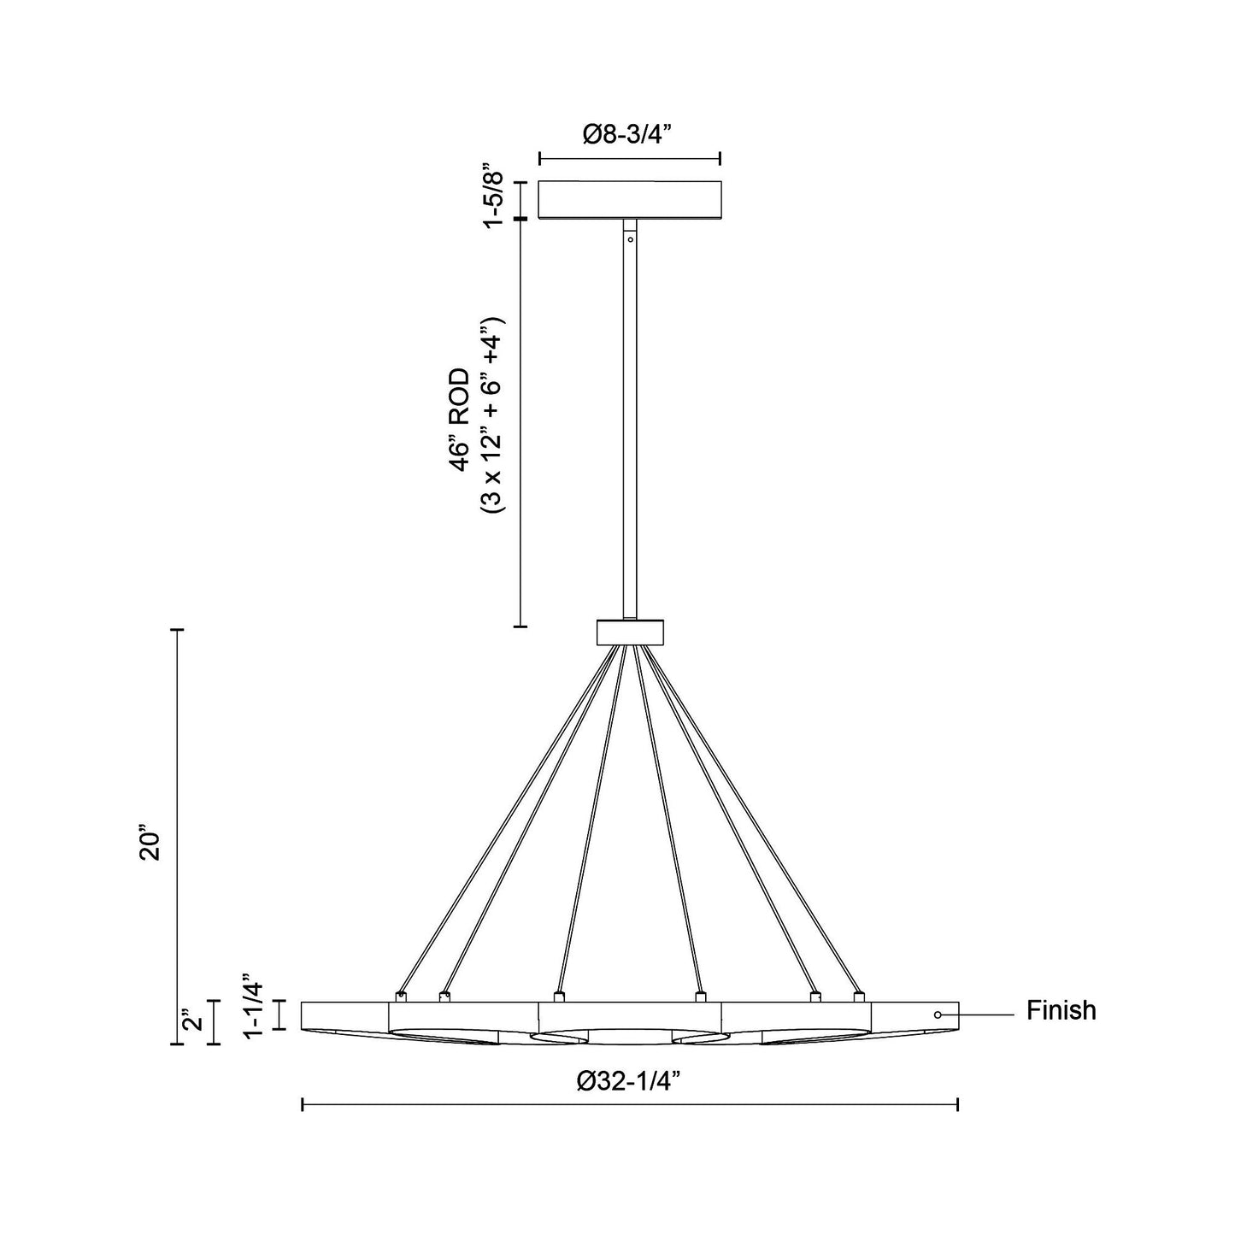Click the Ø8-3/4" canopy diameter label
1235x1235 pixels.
[x=628, y=134]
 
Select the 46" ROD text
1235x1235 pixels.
[x=461, y=420]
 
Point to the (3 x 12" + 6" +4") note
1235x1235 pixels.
[x=494, y=415]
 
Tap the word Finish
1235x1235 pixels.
[x=1061, y=1010]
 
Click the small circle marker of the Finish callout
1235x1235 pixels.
[x=938, y=1014]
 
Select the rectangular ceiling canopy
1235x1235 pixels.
[x=628, y=200]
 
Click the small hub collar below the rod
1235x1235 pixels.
[x=629, y=632]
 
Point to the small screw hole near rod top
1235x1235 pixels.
[x=631, y=240]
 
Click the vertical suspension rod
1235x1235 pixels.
[x=630, y=427]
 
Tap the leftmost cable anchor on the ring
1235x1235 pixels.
[x=400, y=996]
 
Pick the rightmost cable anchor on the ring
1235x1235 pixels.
[x=859, y=996]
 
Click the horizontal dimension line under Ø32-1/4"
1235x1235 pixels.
[x=630, y=1105]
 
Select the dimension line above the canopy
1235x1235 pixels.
[x=630, y=158]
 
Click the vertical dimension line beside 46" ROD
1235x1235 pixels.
[x=520, y=423]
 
